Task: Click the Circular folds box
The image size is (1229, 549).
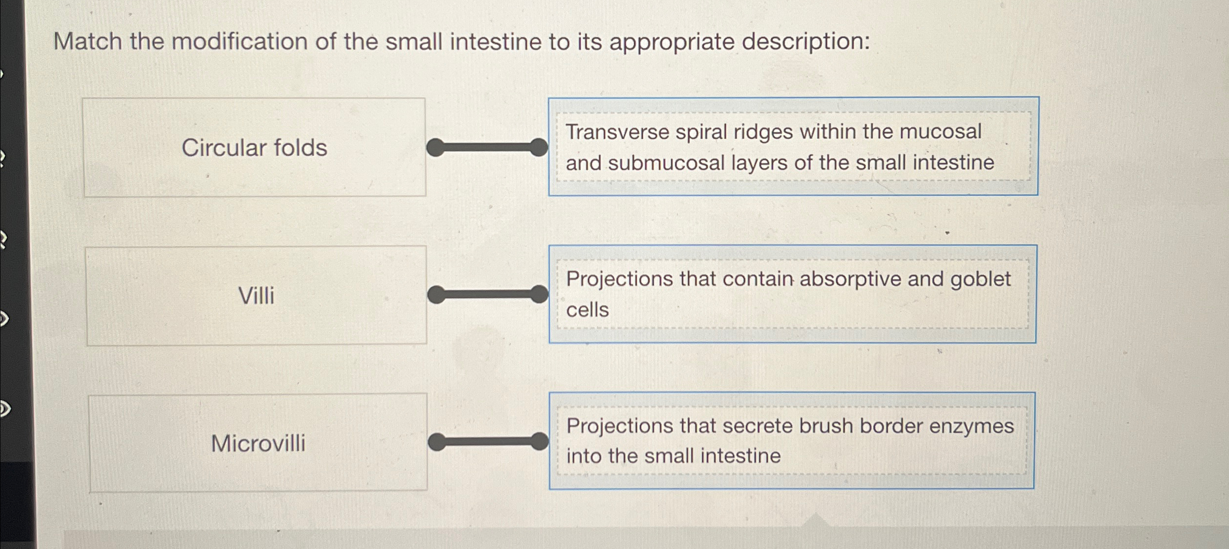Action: click(x=254, y=147)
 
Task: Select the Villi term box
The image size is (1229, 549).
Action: click(x=256, y=296)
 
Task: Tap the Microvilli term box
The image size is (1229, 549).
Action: click(x=258, y=443)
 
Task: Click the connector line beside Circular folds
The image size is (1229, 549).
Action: click(x=487, y=147)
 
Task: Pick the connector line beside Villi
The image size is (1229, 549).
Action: click(x=488, y=294)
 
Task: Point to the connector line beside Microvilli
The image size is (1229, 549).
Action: click(x=489, y=441)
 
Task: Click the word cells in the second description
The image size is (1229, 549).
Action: click(x=587, y=310)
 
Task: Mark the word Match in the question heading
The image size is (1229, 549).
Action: click(x=87, y=41)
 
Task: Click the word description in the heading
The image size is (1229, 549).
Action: click(x=806, y=42)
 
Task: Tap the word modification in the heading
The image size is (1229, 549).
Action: click(x=239, y=41)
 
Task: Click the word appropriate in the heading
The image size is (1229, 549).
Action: click(x=672, y=42)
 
